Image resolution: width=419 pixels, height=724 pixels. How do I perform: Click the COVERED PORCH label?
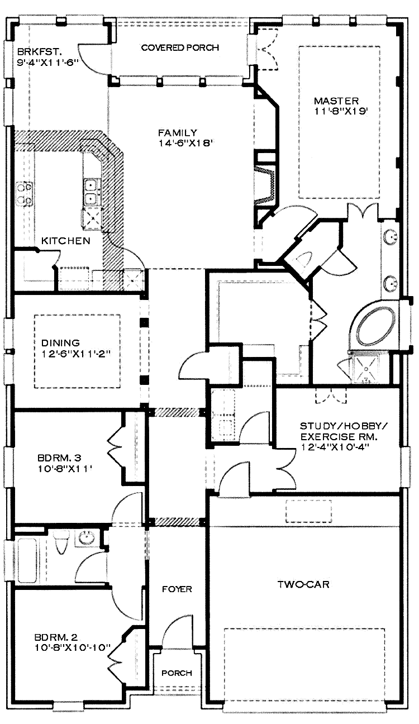pos(179,47)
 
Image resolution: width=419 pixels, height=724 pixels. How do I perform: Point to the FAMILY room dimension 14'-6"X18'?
pos(187,143)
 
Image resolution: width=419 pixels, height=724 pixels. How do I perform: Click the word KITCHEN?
pos(66,241)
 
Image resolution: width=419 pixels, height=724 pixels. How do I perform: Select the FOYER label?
pos(177,589)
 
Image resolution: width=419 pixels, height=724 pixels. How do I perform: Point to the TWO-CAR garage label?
pos(303,585)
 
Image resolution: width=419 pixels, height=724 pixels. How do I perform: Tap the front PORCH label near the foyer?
pos(177,673)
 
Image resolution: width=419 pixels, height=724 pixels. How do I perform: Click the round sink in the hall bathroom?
pos(86,539)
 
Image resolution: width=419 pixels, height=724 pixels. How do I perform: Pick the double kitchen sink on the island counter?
pos(91,190)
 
